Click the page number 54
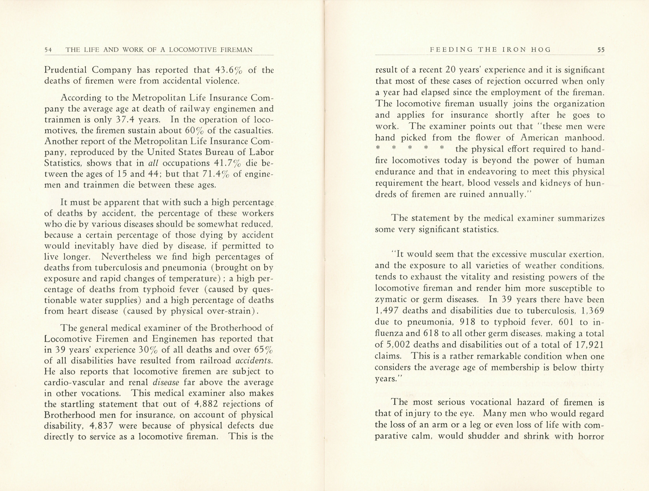tap(48, 50)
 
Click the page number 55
tap(601, 50)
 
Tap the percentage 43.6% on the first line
tap(228, 70)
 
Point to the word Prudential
tap(65, 70)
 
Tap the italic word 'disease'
tap(166, 383)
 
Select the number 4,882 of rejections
tap(206, 404)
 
